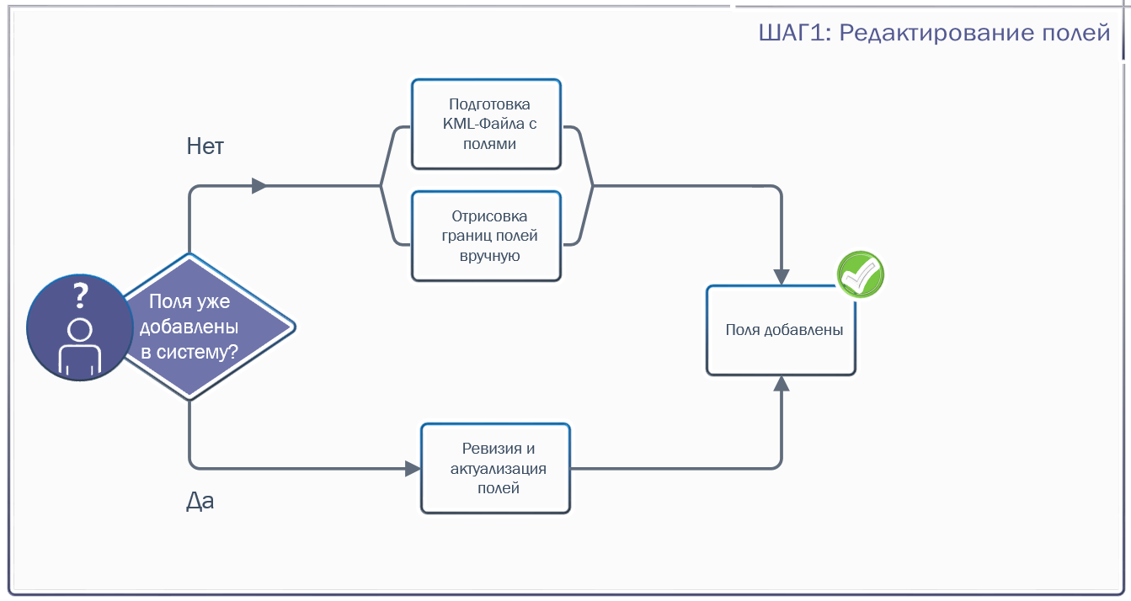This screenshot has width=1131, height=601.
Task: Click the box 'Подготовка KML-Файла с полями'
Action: pos(486,124)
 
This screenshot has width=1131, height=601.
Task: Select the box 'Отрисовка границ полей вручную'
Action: pos(486,237)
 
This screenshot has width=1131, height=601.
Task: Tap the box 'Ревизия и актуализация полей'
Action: pos(495,469)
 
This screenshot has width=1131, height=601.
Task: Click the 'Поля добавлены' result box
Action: pos(782,331)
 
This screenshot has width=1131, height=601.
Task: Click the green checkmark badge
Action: pos(861,274)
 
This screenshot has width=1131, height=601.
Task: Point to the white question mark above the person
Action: pos(80,295)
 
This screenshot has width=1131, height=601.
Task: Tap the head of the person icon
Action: pos(80,331)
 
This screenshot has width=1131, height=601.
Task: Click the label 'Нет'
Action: pos(205,146)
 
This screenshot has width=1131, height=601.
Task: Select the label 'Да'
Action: pos(200,501)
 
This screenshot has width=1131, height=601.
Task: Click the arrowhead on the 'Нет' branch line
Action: pos(259,186)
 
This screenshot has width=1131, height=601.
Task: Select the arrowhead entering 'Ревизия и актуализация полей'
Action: pos(413,469)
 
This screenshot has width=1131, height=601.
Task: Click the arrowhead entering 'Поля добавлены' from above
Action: pos(782,277)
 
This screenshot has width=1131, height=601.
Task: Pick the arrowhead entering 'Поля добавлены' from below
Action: pos(782,384)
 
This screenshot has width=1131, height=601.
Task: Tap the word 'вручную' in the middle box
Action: pos(489,256)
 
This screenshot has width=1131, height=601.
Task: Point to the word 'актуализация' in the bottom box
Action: pos(498,469)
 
